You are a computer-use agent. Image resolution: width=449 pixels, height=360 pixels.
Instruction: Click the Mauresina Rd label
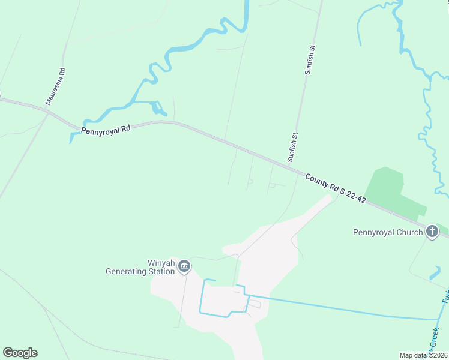55,87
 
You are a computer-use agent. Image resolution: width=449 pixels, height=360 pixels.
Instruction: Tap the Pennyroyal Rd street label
106,128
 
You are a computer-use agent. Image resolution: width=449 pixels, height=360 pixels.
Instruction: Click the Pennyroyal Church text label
388,232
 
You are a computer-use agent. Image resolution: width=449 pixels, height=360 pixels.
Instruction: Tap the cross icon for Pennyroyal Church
432,232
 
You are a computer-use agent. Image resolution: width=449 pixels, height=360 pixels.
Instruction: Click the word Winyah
161,262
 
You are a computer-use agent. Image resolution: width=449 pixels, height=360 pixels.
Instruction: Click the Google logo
20,353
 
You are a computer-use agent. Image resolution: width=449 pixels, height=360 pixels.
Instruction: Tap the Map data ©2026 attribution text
423,355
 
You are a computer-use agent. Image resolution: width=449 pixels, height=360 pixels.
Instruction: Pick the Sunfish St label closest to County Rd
292,148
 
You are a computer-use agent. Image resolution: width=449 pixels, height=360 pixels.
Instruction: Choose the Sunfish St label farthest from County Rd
310,59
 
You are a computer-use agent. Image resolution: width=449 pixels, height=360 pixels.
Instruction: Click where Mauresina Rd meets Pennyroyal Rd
47,110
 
